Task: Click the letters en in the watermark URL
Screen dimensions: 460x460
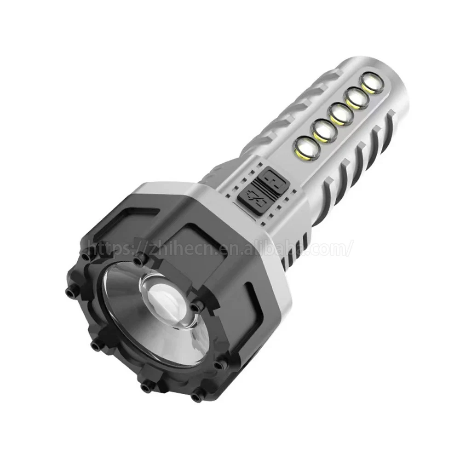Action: point(229,249)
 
